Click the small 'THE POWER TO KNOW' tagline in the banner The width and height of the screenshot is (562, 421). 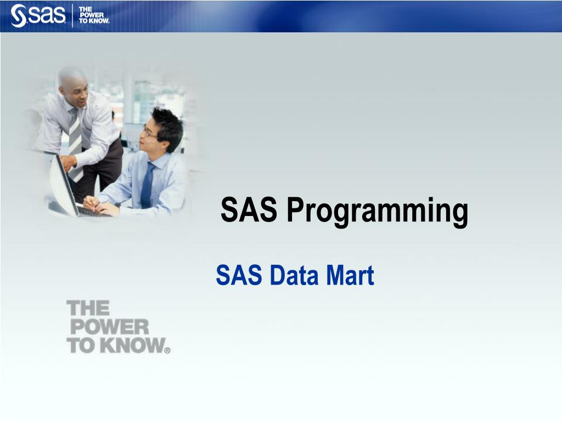tap(94, 15)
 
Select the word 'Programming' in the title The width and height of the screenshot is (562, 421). tap(377, 211)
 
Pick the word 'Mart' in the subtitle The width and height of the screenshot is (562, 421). tap(350, 275)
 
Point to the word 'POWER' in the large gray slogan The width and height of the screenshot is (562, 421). tap(109, 327)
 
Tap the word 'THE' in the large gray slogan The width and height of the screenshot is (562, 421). tap(88, 309)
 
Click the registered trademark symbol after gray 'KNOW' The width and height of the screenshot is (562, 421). tap(167, 349)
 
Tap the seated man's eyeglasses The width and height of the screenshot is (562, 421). tap(148, 133)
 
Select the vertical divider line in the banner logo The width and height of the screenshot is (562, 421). tap(72, 15)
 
